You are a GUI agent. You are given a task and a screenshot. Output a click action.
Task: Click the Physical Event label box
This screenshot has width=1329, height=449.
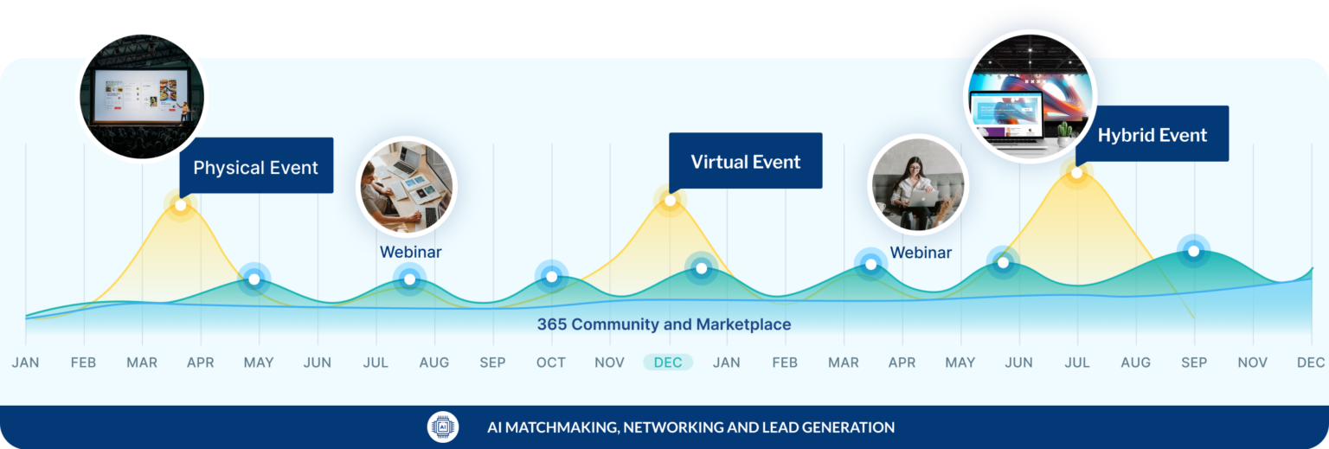coord(256,165)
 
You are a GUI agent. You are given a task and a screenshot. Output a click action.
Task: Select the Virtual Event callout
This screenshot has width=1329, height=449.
coord(746,161)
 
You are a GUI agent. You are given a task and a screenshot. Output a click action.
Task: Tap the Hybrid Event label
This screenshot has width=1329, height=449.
coord(1152,134)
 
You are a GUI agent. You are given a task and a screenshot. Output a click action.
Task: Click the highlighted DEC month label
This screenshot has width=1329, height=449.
coord(668,362)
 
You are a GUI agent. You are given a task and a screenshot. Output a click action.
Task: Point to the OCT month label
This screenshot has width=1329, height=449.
coord(550,362)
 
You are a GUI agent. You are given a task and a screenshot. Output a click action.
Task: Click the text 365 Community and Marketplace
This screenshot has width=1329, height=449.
coord(664,324)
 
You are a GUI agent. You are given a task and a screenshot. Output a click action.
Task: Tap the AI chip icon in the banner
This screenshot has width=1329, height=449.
coord(443,427)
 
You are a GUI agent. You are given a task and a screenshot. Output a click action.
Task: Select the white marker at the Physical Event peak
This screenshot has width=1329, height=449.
coord(180,205)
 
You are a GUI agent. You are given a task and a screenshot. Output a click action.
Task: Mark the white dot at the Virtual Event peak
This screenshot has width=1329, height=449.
coord(670,201)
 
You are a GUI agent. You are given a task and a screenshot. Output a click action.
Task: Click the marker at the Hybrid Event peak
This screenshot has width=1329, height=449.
coord(1076,173)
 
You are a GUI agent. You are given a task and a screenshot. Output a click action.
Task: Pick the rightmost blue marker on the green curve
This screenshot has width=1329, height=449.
coord(1194,252)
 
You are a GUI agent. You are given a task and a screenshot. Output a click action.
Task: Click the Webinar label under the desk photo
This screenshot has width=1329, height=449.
coord(411,252)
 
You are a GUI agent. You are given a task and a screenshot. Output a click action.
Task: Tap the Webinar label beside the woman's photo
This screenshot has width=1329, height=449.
coord(921,253)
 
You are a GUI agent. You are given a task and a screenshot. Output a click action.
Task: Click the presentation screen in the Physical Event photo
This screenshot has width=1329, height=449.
coord(141,97)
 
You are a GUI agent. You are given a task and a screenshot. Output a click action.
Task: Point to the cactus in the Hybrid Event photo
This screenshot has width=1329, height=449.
coord(1065,131)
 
